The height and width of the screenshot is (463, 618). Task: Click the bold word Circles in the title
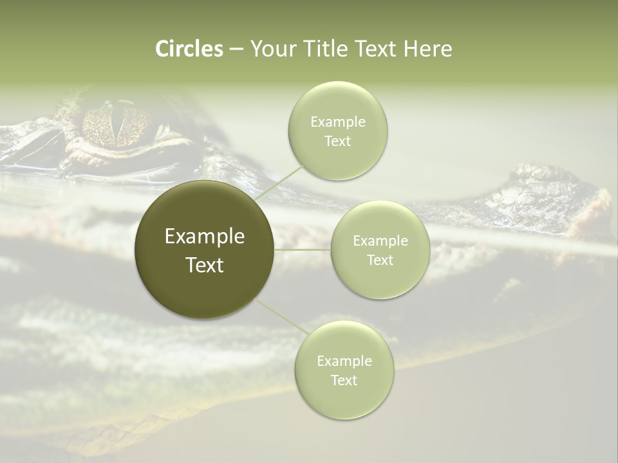pyautogui.click(x=189, y=49)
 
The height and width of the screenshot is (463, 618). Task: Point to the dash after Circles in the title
pyautogui.click(x=236, y=50)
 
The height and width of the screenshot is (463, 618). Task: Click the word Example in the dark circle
pyautogui.click(x=205, y=237)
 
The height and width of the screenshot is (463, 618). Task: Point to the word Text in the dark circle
pyautogui.click(x=205, y=265)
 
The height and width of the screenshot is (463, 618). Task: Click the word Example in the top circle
pyautogui.click(x=337, y=122)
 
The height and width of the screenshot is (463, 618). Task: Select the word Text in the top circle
pyautogui.click(x=337, y=141)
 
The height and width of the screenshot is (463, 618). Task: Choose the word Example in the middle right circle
pyautogui.click(x=380, y=241)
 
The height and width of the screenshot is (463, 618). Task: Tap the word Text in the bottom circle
pyautogui.click(x=344, y=380)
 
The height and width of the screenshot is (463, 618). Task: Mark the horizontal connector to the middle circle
pyautogui.click(x=303, y=250)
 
